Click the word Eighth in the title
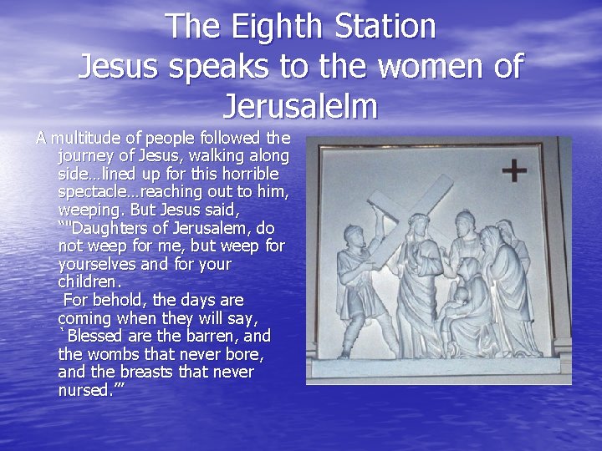[x=273, y=27]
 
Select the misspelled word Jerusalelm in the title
[x=301, y=107]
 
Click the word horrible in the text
[x=247, y=174]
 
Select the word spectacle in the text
[x=93, y=192]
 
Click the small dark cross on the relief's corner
[x=513, y=171]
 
